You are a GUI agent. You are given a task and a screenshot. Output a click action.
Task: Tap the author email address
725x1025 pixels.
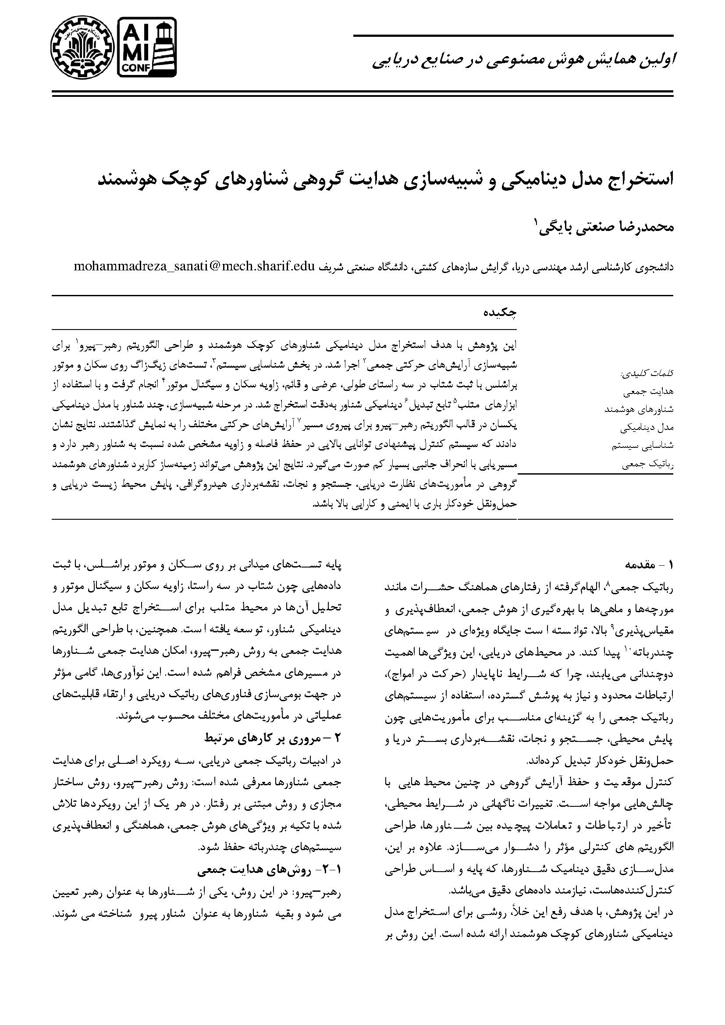195,267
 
